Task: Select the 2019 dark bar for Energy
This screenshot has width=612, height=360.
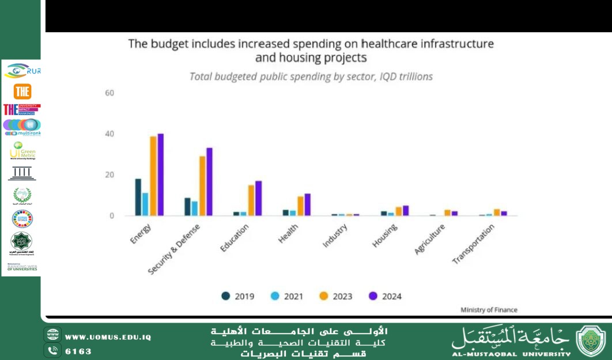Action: (x=138, y=197)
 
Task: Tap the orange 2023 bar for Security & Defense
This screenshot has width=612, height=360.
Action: (x=202, y=186)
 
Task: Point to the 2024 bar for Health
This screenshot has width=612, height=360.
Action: (x=308, y=204)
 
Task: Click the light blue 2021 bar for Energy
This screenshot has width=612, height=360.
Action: (x=145, y=204)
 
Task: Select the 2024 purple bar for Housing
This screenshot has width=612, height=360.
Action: (x=406, y=211)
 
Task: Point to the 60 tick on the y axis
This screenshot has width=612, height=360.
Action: (x=109, y=93)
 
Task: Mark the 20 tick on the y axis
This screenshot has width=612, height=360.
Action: (x=109, y=175)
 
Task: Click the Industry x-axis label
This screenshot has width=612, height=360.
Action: (x=335, y=236)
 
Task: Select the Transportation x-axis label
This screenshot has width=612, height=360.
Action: (x=474, y=244)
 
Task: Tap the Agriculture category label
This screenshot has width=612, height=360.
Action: (x=430, y=240)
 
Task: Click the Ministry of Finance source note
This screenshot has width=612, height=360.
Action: (x=489, y=310)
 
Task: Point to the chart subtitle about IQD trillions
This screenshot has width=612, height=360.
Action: (x=311, y=77)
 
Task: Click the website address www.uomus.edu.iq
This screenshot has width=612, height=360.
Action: (x=108, y=337)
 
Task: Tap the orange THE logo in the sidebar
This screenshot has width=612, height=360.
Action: (x=22, y=91)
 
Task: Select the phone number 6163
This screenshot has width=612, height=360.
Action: (x=78, y=351)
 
